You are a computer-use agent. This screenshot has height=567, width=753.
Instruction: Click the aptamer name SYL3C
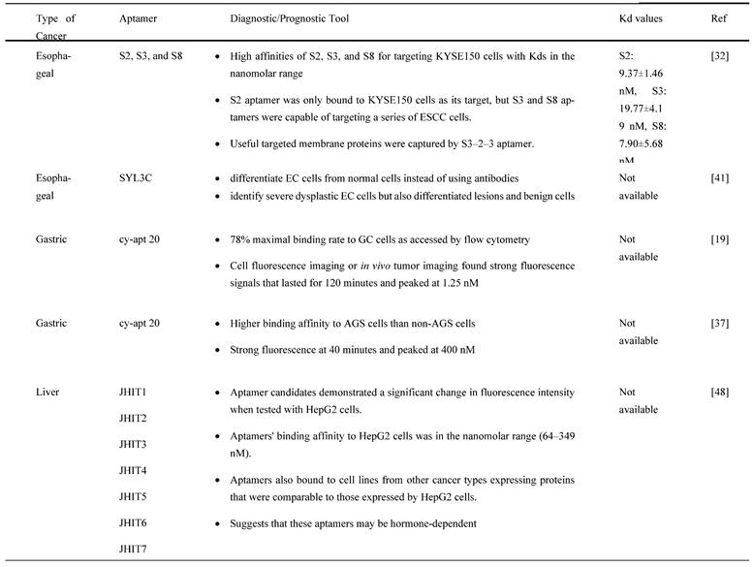tap(138, 178)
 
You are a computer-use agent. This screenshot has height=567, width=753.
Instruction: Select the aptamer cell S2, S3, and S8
tap(150, 56)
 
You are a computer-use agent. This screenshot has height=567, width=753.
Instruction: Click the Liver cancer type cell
tap(46, 392)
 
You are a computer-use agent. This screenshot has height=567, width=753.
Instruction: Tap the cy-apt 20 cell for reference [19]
tap(143, 239)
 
